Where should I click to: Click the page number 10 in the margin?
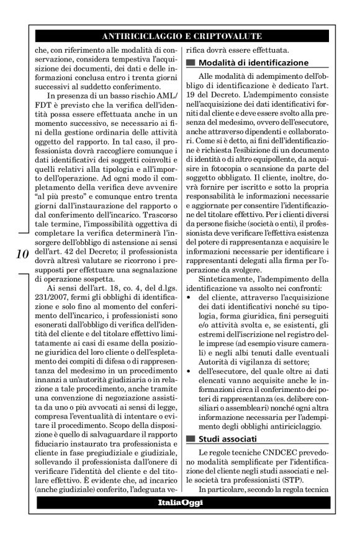(x=20, y=254)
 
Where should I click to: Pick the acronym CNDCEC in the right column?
(x=266, y=453)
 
